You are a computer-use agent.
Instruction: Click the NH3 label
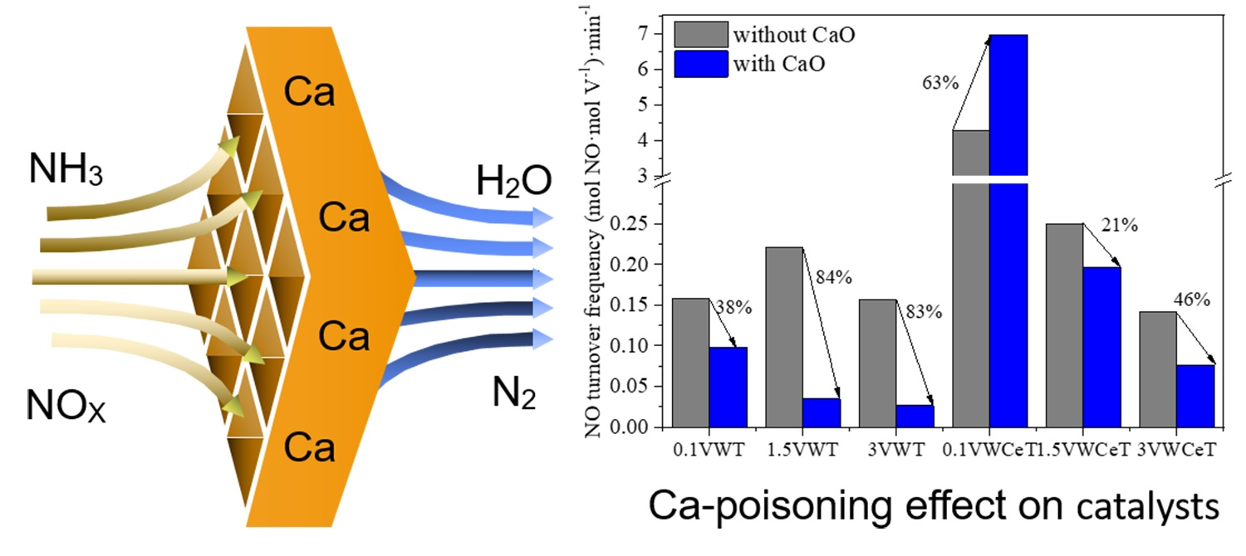pos(66,169)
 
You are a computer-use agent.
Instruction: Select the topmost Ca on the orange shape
pos(309,93)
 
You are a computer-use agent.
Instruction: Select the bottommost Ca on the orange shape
pos(309,448)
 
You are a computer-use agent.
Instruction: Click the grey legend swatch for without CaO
pos(700,35)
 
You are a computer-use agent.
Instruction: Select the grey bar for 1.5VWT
pos(783,336)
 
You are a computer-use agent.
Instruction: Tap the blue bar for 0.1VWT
pos(728,387)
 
